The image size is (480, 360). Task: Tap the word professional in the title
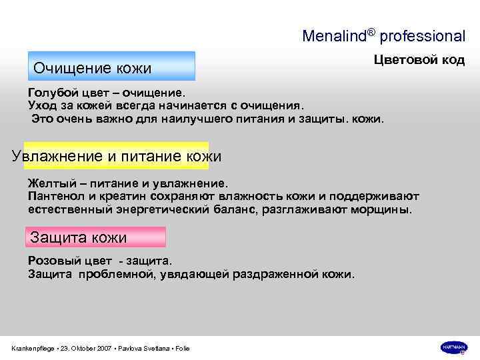[423, 35]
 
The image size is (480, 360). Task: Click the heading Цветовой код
[418, 59]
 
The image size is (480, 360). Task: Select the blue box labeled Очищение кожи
[111, 66]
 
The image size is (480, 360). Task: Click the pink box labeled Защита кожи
[95, 237]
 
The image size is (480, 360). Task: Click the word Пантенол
[55, 196]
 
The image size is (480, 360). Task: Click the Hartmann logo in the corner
[453, 347]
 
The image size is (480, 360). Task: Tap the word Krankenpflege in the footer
[34, 349]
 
